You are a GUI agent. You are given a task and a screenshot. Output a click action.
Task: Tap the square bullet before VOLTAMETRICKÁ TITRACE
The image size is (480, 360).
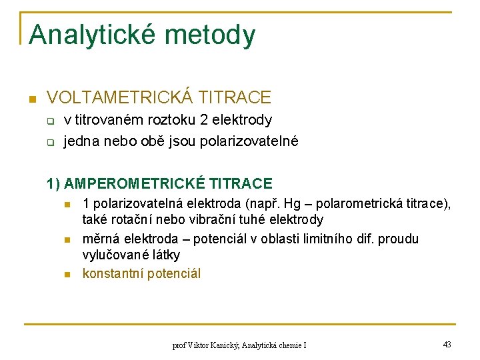31,99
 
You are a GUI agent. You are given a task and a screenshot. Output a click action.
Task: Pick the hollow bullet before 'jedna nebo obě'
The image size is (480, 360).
49,142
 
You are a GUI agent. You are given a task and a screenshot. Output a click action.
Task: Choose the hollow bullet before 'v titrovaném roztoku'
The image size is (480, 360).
49,121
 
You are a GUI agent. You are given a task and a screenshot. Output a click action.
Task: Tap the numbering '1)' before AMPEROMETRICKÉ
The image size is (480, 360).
54,183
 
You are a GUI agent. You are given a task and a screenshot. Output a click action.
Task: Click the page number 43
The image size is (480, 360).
447,344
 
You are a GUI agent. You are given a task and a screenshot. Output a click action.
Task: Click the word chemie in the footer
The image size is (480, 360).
287,345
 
